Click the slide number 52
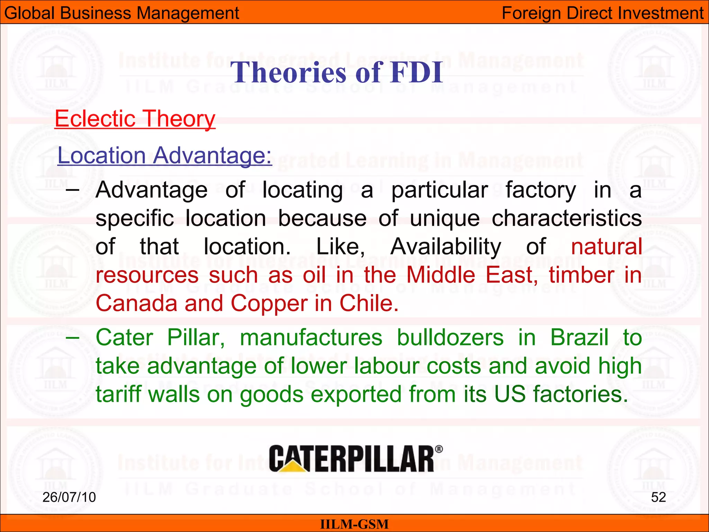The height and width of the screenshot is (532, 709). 658,497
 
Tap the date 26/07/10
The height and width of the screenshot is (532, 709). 69,497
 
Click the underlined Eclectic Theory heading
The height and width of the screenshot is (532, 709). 135,119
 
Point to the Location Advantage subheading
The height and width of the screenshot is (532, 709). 164,155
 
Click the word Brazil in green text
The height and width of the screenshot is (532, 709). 579,337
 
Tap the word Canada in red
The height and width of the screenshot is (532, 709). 136,303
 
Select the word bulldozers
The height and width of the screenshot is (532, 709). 450,337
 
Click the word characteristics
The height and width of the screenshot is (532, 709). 567,218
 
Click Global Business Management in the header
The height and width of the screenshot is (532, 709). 122,13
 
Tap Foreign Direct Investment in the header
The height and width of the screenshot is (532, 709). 602,13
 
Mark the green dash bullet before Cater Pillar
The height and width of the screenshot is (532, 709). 73,337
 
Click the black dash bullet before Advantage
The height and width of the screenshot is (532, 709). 73,190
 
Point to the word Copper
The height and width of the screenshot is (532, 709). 269,303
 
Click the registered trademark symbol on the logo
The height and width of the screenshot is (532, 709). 439,449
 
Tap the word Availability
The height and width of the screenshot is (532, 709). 446,247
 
